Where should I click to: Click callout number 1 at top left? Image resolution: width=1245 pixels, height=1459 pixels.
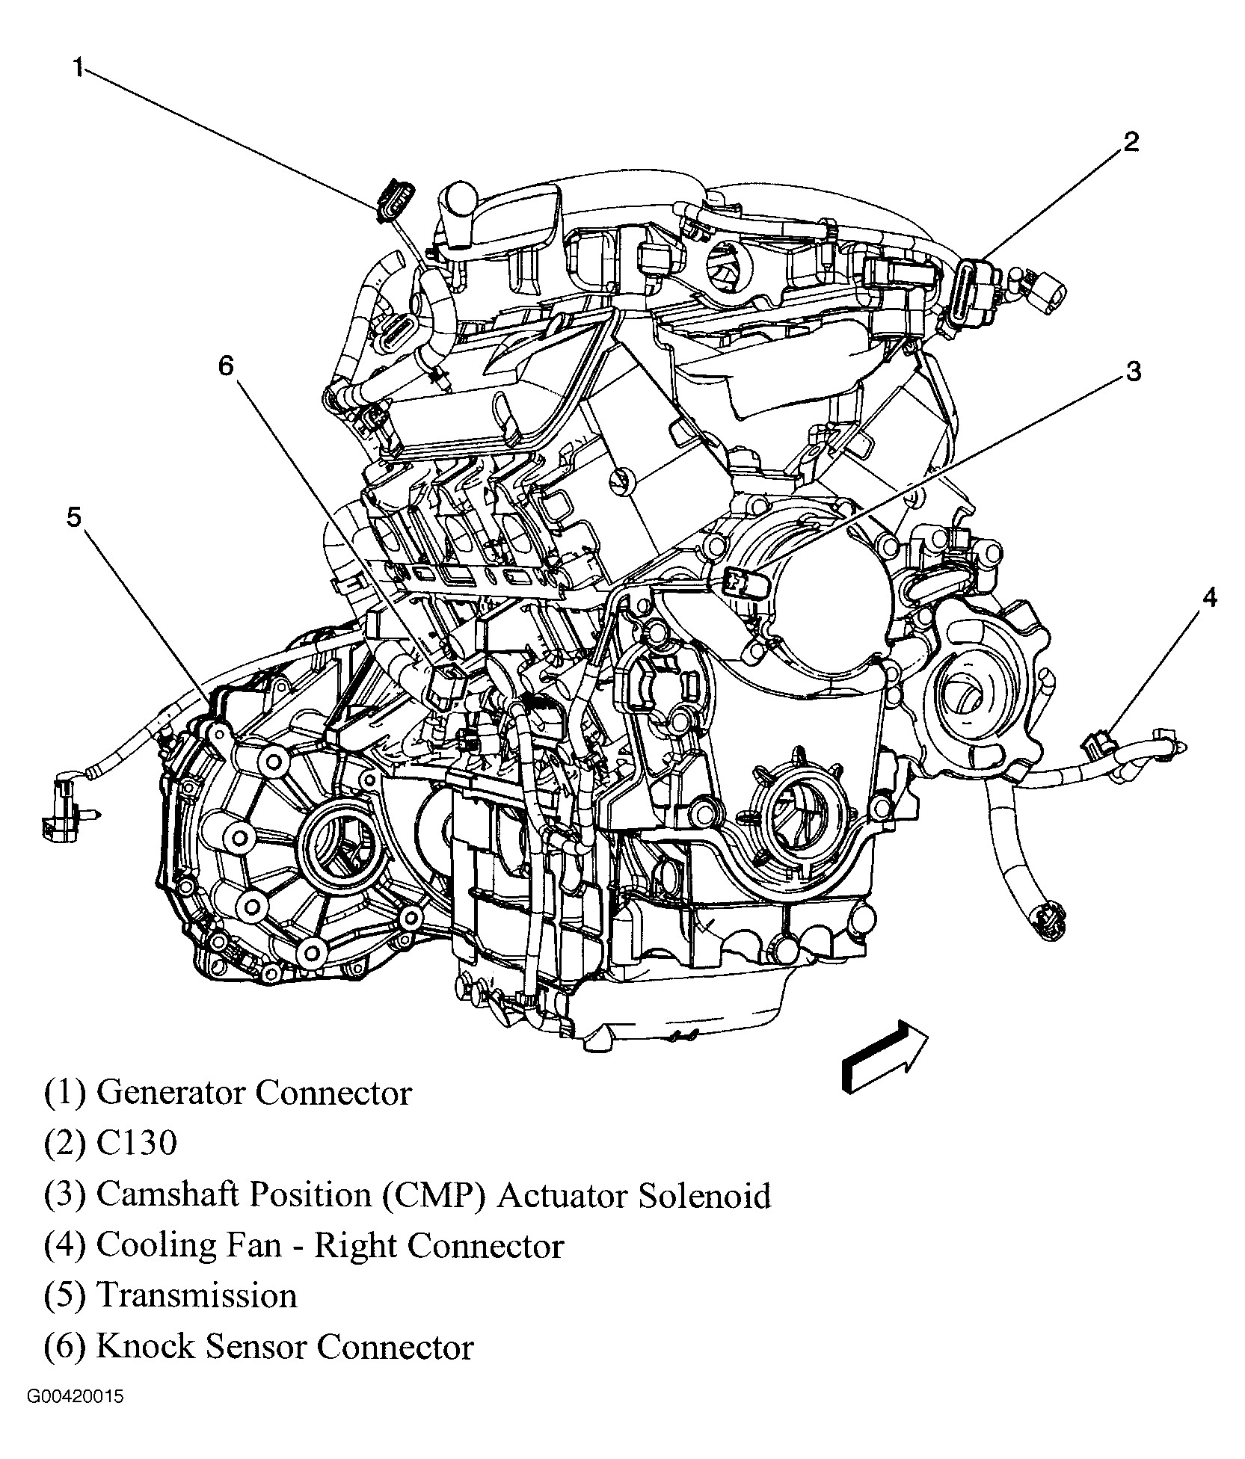tap(78, 68)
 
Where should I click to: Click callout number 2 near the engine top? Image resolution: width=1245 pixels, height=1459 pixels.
tap(1130, 141)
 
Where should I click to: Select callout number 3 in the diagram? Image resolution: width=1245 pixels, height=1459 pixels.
tap(1133, 371)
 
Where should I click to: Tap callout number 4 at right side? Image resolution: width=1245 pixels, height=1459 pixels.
tap(1209, 597)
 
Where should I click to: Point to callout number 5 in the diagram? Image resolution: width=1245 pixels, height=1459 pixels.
tap(73, 516)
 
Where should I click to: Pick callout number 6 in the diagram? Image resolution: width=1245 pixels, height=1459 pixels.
tap(226, 365)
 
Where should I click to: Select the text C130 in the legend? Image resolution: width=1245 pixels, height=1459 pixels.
tap(137, 1143)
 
